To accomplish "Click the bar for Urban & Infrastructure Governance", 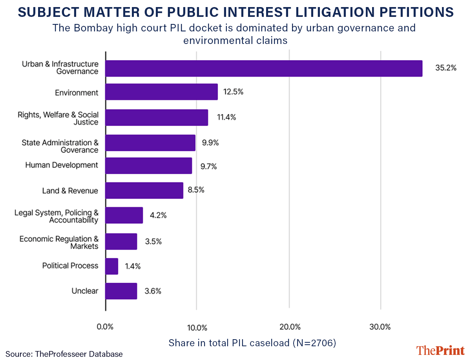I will tap(263, 68).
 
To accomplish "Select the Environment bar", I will tap(161, 92).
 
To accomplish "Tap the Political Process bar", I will tap(112, 266).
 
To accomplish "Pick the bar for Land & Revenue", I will tap(144, 190).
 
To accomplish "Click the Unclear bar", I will tap(121, 291).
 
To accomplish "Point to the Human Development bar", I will tap(149, 166).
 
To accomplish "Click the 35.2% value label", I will tap(445, 68).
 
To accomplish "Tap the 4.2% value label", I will tap(158, 215).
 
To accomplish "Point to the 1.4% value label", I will tap(133, 266).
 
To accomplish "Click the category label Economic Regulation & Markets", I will tap(59, 243).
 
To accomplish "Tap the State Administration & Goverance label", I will tap(60, 146).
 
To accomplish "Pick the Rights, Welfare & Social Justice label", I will tap(58, 118).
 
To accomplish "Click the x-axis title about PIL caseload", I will tap(252, 342).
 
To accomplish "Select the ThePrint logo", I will tap(440, 350).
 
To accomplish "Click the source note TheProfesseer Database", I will tap(64, 354).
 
